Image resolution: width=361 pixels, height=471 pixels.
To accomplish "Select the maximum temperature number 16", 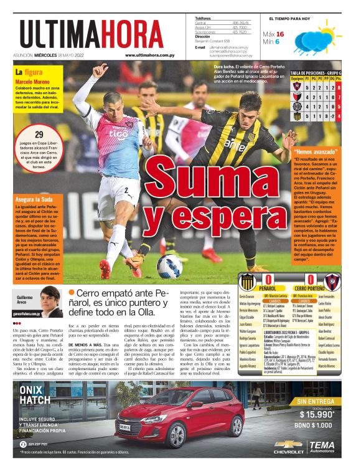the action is (280, 34).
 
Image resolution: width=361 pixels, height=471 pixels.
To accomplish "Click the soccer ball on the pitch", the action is (169, 266).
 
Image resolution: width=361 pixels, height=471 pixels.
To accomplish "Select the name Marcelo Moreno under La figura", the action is (33, 82).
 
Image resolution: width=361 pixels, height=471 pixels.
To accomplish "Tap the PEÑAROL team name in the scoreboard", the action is (267, 289).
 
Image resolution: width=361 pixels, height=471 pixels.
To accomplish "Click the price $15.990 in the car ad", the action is (317, 414).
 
